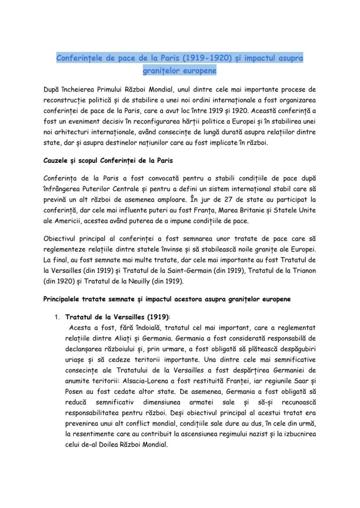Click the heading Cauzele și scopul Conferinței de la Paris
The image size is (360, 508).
108,160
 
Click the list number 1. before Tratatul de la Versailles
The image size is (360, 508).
57,317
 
